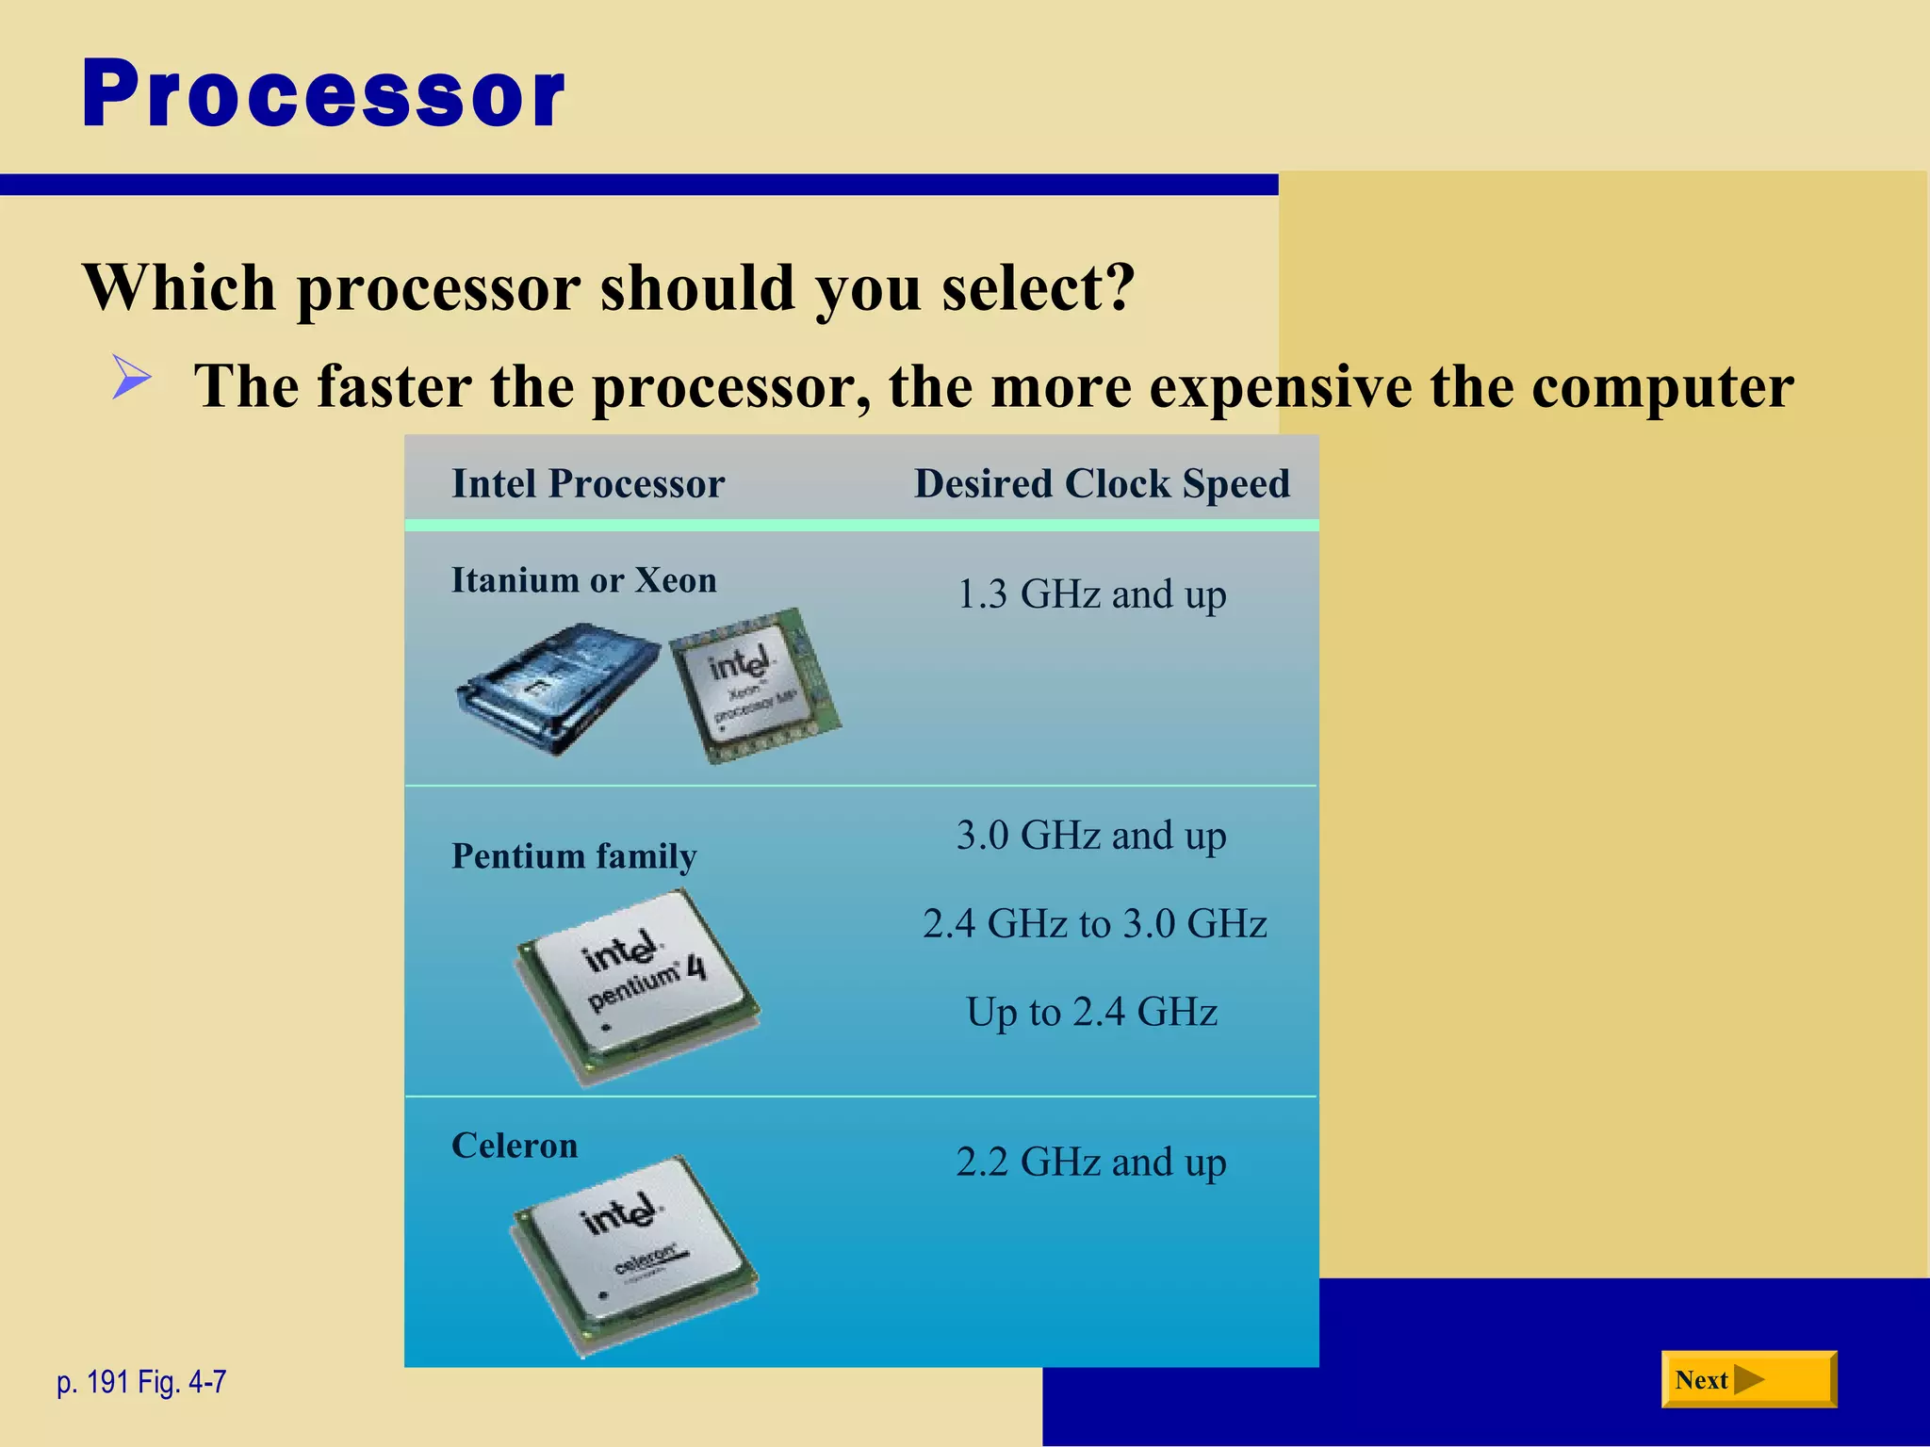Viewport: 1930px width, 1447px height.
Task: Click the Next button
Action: click(x=1747, y=1379)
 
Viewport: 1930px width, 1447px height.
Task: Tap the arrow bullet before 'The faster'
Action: click(x=131, y=377)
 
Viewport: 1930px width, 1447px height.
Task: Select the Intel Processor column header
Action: click(x=588, y=484)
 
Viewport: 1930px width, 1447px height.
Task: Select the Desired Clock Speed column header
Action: click(x=1102, y=484)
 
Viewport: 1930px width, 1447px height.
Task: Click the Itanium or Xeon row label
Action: click(x=584, y=580)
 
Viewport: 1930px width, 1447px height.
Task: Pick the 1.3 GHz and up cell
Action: click(x=1091, y=594)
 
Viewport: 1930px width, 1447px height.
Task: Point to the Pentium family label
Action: click(x=574, y=855)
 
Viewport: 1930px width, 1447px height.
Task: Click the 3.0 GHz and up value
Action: click(x=1091, y=836)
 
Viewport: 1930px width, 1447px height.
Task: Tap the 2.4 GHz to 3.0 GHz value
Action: click(x=1094, y=924)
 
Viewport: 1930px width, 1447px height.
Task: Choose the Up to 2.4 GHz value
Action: click(x=1091, y=1013)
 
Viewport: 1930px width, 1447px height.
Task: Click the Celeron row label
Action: click(x=515, y=1146)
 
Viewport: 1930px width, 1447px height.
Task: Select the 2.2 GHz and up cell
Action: click(x=1091, y=1162)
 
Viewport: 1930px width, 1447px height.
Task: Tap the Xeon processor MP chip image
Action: click(x=754, y=686)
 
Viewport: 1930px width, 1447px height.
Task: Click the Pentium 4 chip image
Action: click(x=639, y=984)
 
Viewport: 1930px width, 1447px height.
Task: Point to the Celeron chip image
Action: click(x=635, y=1253)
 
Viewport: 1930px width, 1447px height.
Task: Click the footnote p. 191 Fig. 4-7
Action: click(x=141, y=1382)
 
